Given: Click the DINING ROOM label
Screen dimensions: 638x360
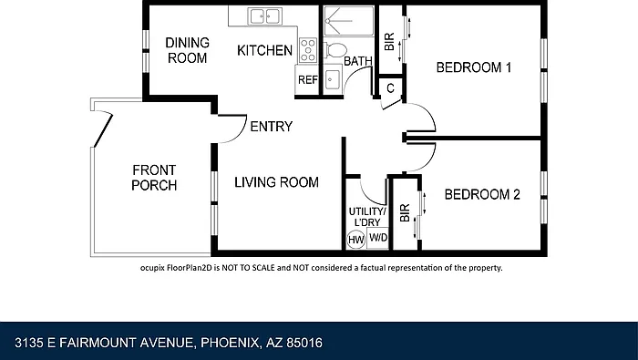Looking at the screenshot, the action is tap(187, 50).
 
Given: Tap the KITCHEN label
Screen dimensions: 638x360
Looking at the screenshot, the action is tap(264, 50).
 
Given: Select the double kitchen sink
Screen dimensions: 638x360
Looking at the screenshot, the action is tap(265, 16).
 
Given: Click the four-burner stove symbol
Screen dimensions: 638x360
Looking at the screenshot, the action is tap(308, 50).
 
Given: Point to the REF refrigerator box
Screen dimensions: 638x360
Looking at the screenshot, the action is tap(307, 79).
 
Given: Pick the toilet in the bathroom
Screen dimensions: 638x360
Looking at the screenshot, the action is tap(335, 50).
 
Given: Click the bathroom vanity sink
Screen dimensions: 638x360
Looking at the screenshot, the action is tap(334, 77).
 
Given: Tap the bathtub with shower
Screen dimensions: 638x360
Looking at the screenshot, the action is tap(349, 21).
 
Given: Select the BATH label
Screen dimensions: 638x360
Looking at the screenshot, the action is tap(358, 61).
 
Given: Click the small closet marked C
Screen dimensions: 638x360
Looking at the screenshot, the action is tap(391, 87).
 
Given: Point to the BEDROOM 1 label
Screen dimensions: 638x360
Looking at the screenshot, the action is tap(474, 67).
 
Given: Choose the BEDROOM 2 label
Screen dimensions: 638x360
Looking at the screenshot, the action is tap(482, 194).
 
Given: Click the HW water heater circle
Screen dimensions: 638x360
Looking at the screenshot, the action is tap(356, 240).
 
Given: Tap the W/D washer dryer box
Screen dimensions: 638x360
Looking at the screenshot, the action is tap(378, 238).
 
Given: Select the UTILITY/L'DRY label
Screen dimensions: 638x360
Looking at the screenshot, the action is tap(367, 217).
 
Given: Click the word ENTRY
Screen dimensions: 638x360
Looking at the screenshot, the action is tap(271, 127).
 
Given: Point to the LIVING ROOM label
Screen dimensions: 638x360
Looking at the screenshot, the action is tap(276, 182).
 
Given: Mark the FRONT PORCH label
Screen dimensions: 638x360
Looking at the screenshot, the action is tap(154, 178).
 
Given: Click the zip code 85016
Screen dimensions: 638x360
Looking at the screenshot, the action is tap(304, 343).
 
